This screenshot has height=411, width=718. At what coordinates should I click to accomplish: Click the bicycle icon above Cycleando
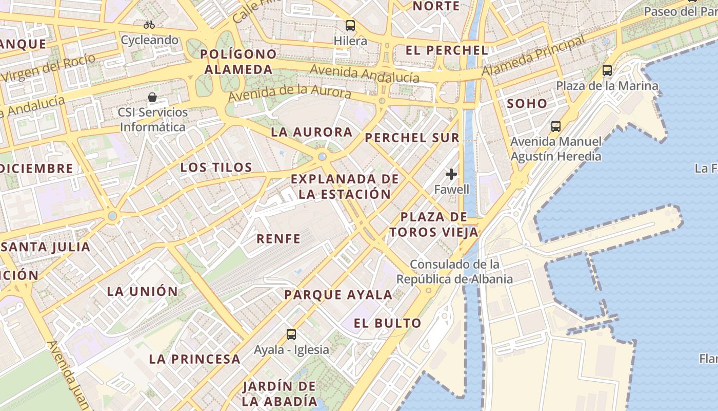149,25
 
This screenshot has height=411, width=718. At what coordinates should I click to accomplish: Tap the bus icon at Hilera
350,25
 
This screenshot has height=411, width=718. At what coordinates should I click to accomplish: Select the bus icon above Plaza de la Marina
607,70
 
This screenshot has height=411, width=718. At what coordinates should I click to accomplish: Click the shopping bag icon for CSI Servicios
152,97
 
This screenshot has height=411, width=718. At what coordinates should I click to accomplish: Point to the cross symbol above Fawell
451,175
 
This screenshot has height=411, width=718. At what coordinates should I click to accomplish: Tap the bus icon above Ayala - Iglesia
291,334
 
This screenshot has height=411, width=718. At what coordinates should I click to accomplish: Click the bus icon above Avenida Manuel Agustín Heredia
556,126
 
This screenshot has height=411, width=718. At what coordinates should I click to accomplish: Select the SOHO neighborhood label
527,103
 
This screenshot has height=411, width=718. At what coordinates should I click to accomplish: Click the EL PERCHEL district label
447,50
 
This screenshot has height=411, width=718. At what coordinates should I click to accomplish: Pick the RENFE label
278,238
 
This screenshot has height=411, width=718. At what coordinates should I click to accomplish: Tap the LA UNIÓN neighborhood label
143,291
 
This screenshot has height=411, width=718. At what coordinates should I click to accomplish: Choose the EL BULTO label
388,323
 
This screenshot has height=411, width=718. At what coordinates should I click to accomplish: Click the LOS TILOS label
216,167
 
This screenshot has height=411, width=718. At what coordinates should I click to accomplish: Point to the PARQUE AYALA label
338,295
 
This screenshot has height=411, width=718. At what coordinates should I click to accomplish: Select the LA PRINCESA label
195,359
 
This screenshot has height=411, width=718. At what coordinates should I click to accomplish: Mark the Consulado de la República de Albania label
454,272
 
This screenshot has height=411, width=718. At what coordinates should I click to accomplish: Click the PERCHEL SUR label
412,138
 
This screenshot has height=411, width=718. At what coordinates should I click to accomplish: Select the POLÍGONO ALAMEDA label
238,62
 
